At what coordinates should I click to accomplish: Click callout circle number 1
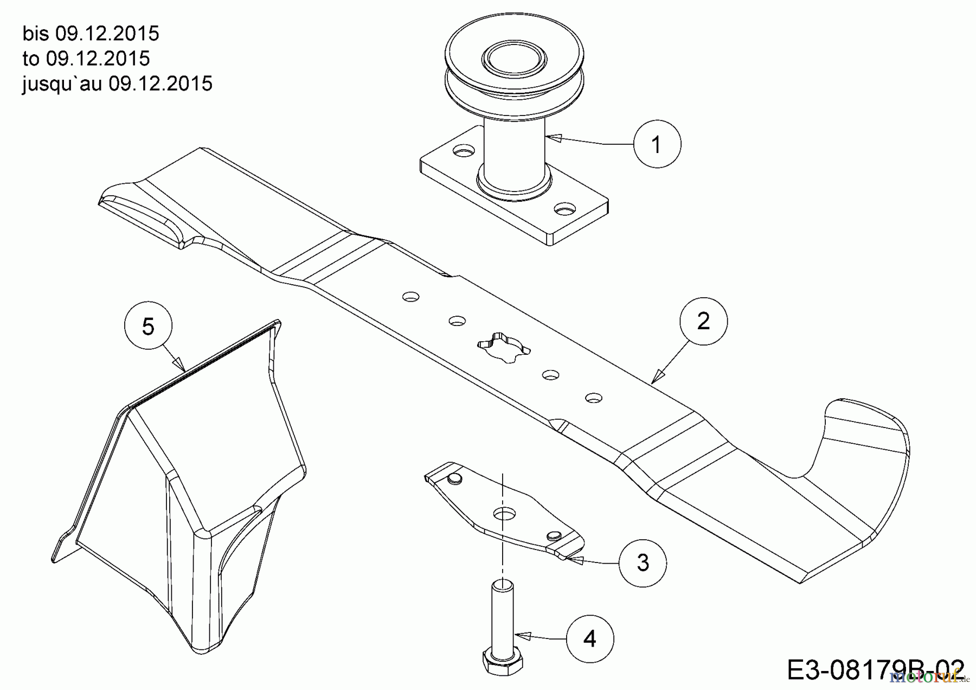tap(657, 144)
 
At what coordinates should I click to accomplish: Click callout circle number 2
tap(703, 321)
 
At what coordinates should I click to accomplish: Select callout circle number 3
tap(643, 563)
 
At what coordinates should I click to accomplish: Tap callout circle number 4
tap(590, 638)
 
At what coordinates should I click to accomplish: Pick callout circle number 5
tap(148, 327)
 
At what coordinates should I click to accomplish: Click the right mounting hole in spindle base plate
tap(564, 208)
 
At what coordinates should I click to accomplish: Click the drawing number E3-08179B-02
tap(875, 670)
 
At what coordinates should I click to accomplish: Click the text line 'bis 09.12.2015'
tap(91, 34)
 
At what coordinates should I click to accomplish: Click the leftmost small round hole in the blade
tap(410, 297)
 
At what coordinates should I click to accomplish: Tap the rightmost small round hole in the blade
tap(594, 398)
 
